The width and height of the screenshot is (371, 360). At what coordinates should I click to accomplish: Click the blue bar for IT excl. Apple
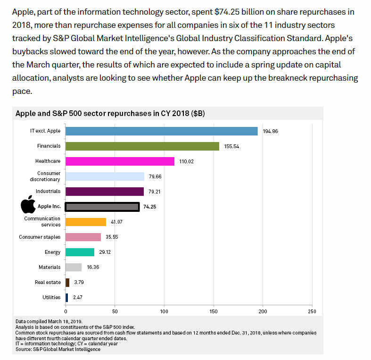click(161, 131)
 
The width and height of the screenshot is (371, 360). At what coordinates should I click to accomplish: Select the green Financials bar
click(142, 146)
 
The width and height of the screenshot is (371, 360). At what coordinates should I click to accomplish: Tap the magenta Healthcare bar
click(120, 161)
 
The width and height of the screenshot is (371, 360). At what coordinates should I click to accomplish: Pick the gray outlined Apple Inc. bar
click(102, 207)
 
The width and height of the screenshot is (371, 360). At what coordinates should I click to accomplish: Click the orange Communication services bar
click(86, 222)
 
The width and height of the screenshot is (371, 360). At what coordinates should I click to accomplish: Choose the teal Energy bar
click(80, 252)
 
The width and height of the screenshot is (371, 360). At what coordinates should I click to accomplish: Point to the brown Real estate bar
click(67, 282)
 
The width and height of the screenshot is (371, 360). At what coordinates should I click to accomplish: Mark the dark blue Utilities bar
click(67, 297)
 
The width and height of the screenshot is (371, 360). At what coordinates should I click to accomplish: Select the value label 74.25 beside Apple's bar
click(150, 207)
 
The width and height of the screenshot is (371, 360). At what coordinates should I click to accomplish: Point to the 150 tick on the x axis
click(214, 311)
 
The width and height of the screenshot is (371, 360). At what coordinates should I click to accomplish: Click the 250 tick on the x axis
click(312, 311)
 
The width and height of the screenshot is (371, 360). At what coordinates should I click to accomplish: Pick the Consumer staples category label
click(40, 237)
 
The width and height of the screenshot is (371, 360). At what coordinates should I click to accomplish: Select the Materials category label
click(49, 267)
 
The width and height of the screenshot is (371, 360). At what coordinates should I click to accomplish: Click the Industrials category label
click(48, 192)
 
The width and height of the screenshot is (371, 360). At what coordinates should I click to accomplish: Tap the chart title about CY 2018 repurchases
click(110, 114)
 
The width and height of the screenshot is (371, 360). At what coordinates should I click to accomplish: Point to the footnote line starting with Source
click(58, 349)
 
